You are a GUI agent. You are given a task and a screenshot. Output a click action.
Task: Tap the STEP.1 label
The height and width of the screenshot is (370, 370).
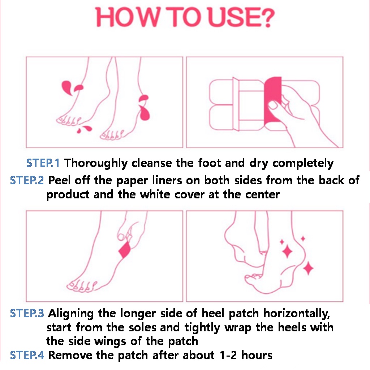(x=43, y=163)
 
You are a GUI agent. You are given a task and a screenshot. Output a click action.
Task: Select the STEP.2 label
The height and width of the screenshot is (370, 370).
(x=27, y=181)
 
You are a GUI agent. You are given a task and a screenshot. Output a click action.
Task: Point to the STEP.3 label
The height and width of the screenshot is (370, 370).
(x=27, y=313)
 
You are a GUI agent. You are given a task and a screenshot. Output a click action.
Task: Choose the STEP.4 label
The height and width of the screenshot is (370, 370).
(x=27, y=355)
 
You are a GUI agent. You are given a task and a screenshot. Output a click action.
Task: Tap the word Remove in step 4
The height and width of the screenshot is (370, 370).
(x=70, y=355)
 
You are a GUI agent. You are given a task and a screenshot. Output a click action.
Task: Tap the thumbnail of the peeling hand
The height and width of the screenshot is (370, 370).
(x=274, y=105)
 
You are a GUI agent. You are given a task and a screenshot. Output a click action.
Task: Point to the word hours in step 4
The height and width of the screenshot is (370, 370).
(x=257, y=355)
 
